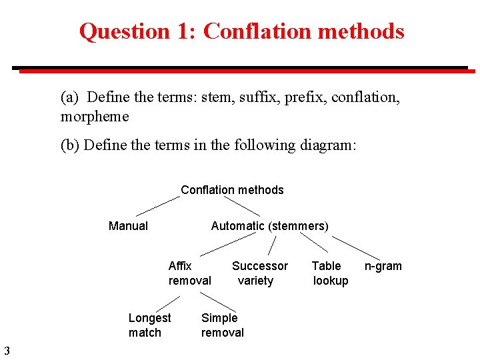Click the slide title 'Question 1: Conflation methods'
pyautogui.click(x=241, y=31)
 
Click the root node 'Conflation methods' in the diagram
pyautogui.click(x=232, y=190)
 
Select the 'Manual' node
pyautogui.click(x=128, y=226)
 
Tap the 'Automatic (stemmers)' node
pyautogui.click(x=269, y=226)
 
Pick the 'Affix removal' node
pyautogui.click(x=189, y=273)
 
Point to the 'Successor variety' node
pyautogui.click(x=259, y=273)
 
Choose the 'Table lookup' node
pyautogui.click(x=330, y=273)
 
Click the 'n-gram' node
pyautogui.click(x=383, y=266)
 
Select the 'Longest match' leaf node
pyautogui.click(x=149, y=325)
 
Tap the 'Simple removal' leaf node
pyautogui.click(x=222, y=325)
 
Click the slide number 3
pyautogui.click(x=6, y=351)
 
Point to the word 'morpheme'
pyautogui.click(x=95, y=117)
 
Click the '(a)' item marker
pyautogui.click(x=70, y=97)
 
